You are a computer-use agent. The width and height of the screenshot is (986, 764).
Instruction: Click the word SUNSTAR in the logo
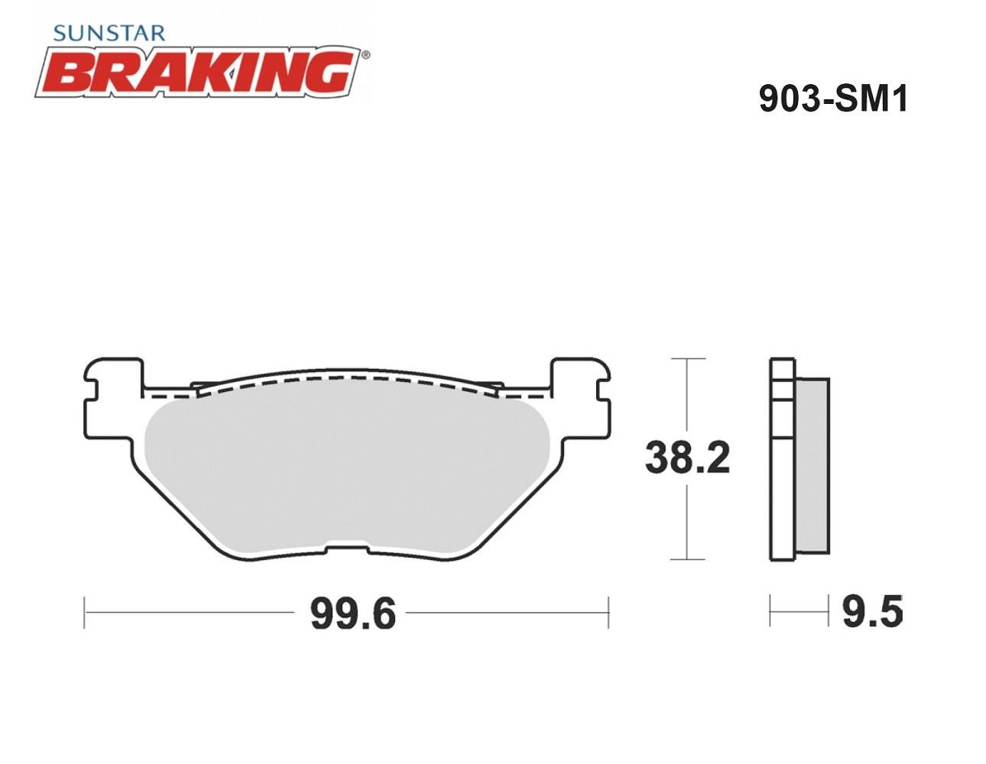tap(109, 33)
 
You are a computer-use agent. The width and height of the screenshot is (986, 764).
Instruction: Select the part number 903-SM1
tap(834, 99)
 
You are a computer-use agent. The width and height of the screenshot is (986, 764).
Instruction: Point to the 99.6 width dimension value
tap(353, 614)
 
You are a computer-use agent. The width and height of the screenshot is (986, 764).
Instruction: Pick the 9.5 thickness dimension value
tap(873, 613)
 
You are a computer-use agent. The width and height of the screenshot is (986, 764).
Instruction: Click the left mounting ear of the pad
tap(113, 399)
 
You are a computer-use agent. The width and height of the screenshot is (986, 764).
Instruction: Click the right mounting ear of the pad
tap(580, 399)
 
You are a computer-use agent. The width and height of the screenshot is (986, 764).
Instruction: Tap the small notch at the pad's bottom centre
tap(347, 549)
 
